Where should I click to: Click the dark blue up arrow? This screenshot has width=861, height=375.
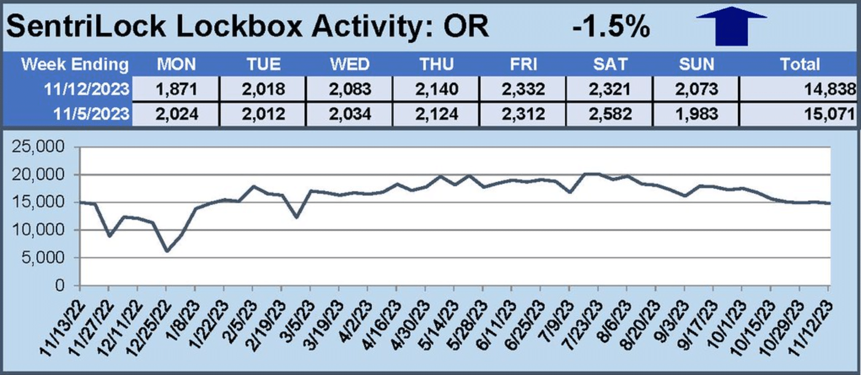(x=731, y=26)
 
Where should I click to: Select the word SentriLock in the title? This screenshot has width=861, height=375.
(x=86, y=26)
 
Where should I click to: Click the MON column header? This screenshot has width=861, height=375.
(x=176, y=64)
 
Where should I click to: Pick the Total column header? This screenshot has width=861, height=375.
(x=799, y=64)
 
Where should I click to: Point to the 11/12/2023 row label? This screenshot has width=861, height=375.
(x=86, y=89)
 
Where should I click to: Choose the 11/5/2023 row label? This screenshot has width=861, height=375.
(x=91, y=114)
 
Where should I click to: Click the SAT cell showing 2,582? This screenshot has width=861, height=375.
(x=610, y=114)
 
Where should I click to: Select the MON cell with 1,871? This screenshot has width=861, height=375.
(x=176, y=89)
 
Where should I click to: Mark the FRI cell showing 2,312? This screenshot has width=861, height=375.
(x=523, y=114)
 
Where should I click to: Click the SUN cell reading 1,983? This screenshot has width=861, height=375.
(x=697, y=114)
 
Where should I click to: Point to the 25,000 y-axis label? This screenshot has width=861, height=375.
(x=38, y=147)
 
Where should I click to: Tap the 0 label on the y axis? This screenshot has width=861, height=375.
(x=59, y=285)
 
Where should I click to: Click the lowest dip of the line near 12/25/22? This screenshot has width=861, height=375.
(x=167, y=251)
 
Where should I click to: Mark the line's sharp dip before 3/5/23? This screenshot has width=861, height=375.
(x=296, y=217)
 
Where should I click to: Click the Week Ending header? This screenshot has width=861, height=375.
(x=75, y=64)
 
